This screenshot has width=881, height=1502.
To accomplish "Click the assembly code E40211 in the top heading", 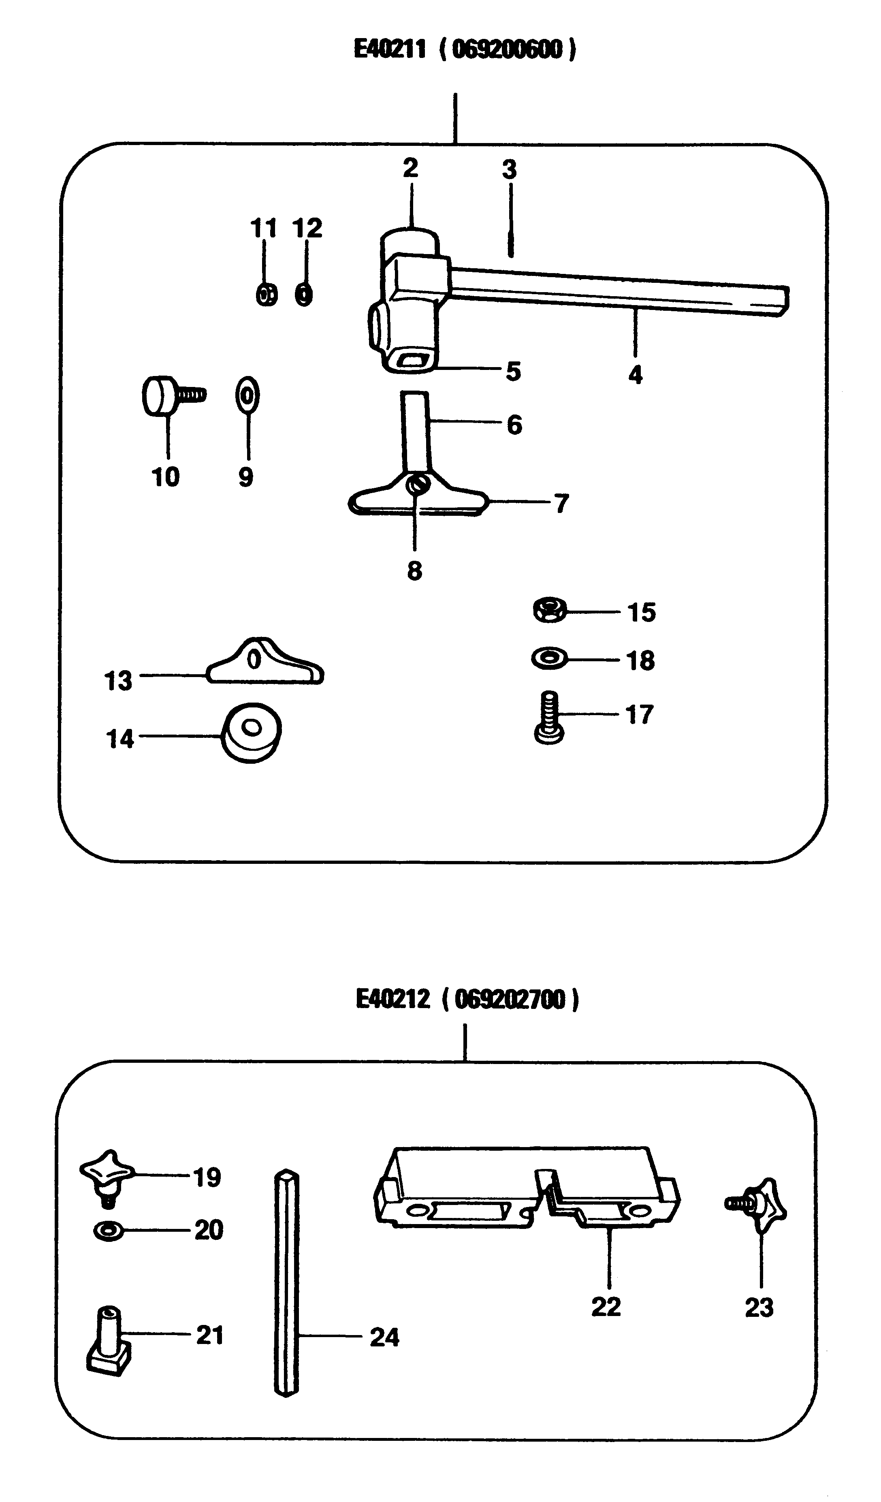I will click(390, 49).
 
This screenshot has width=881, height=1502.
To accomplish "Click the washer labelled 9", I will click(247, 394).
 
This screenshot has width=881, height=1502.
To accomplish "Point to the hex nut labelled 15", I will click(550, 610).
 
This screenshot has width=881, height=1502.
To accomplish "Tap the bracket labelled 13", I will click(265, 664).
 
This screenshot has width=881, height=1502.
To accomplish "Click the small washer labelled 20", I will click(109, 1229).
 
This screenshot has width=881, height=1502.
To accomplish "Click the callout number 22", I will click(606, 1307).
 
